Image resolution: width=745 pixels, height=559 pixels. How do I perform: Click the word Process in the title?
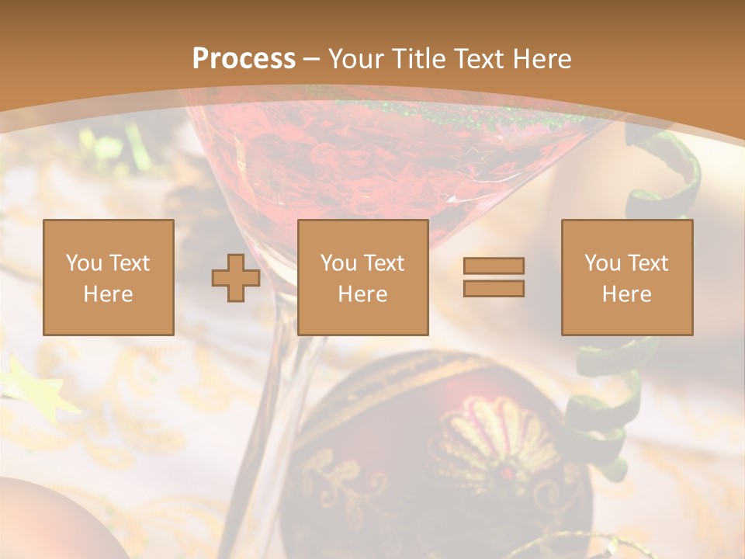tap(244, 59)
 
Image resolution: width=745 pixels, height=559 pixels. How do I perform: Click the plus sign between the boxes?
tap(236, 278)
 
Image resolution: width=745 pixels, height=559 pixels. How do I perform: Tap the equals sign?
tap(494, 277)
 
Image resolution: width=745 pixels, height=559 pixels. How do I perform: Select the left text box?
tap(109, 278)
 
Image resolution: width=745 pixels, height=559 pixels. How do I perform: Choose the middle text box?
tap(363, 278)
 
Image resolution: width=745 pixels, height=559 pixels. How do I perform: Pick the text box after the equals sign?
tap(627, 278)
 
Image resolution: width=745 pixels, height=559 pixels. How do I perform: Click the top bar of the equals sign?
tap(494, 266)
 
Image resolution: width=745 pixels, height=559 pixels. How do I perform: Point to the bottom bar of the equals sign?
tap(494, 289)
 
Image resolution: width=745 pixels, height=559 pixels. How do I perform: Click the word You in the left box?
tap(84, 263)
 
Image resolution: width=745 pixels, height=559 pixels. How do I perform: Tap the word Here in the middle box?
tap(363, 294)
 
